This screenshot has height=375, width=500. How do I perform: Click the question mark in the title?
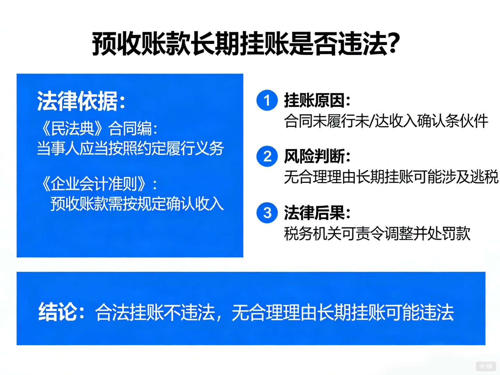[393, 43]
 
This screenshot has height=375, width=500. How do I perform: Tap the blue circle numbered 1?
[267, 100]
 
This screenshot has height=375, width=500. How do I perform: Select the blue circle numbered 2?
[267, 156]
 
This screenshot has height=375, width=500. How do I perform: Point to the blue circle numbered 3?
[267, 212]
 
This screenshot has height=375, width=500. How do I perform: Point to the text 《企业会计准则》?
[93, 184]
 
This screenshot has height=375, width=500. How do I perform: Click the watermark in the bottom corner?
[486, 366]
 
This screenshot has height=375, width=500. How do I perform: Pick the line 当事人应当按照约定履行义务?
[130, 149]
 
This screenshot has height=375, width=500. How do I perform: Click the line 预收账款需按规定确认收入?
[137, 204]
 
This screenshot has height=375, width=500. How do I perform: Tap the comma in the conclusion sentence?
[219, 317]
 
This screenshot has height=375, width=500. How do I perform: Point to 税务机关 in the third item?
[313, 233]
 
